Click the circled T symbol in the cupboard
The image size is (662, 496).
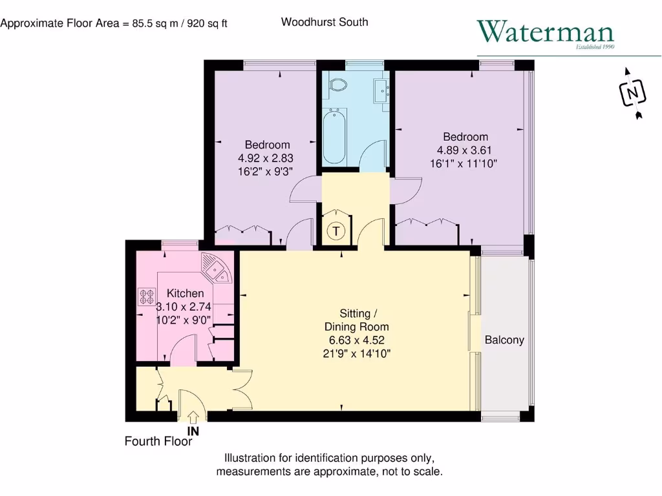pyautogui.click(x=336, y=231)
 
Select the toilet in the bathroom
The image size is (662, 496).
pyautogui.click(x=337, y=85)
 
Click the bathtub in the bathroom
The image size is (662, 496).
pyautogui.click(x=336, y=136)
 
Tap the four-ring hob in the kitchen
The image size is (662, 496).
pyautogui.click(x=143, y=296)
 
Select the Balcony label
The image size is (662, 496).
pyautogui.click(x=504, y=340)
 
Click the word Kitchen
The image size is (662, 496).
pyautogui.click(x=186, y=294)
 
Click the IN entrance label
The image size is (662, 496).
pyautogui.click(x=193, y=430)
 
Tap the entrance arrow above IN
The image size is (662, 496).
pyautogui.click(x=193, y=418)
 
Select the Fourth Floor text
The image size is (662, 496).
pyautogui.click(x=158, y=442)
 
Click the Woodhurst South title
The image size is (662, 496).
pyautogui.click(x=325, y=22)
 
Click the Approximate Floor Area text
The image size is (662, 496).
pyautogui.click(x=114, y=24)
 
